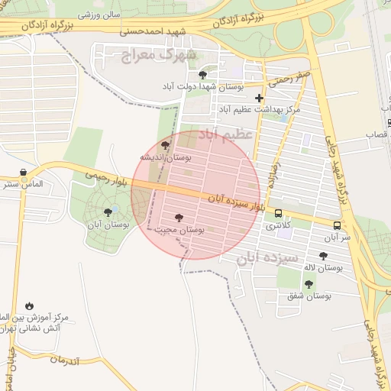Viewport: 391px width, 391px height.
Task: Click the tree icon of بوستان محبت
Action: click(179, 218)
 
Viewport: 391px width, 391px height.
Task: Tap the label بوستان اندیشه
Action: click(165, 156)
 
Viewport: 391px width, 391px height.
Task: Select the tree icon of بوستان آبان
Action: click(106, 212)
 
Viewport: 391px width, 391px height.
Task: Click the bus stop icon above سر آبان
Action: click(337, 225)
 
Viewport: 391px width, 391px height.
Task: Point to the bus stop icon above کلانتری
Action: click(278, 214)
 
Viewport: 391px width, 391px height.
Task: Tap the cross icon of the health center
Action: click(260, 98)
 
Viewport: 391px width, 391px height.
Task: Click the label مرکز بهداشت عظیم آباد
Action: click(260, 110)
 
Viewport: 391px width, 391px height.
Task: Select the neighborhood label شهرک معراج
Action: click(159, 55)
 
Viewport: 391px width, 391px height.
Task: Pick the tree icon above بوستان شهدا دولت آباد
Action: click(202, 74)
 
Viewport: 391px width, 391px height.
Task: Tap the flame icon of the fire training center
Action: click(29, 305)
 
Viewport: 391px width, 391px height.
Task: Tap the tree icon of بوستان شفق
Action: click(309, 284)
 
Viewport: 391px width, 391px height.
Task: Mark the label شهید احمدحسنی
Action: click(148, 31)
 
